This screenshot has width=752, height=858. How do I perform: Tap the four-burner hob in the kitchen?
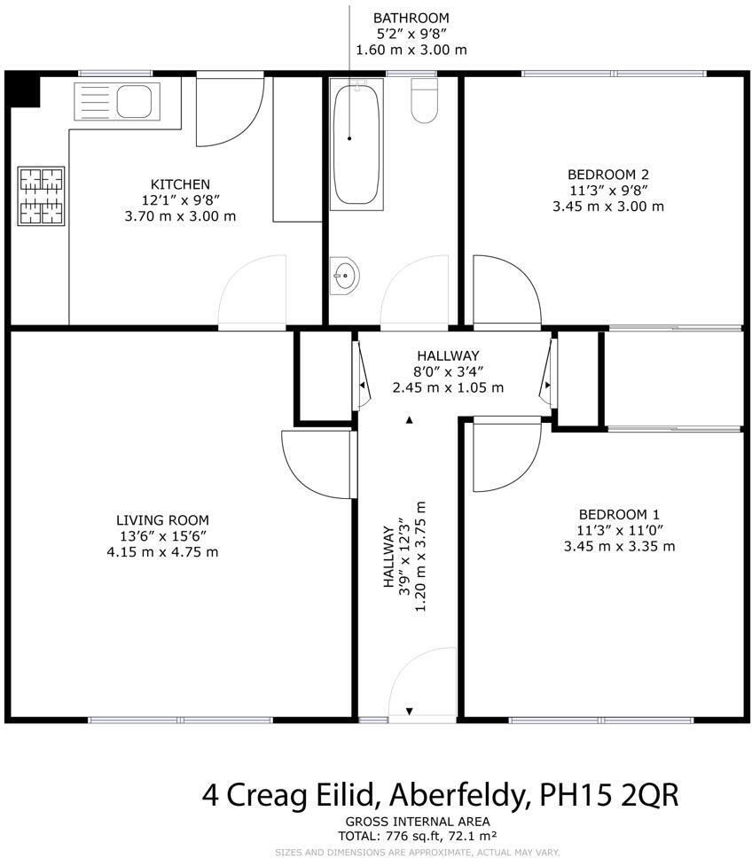(x=42, y=195)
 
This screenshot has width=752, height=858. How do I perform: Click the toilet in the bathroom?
(x=426, y=99)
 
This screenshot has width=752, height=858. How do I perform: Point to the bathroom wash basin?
(x=344, y=277)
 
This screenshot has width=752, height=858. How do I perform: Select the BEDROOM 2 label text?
(x=607, y=174)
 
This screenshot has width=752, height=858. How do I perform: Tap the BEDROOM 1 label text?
(x=619, y=514)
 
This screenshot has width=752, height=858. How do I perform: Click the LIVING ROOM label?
(x=162, y=520)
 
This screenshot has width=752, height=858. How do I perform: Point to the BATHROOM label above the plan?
(x=411, y=18)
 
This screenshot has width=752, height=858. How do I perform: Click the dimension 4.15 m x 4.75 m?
(x=162, y=552)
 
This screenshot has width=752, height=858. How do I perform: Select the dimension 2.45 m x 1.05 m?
(x=448, y=387)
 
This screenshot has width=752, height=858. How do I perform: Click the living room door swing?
(x=315, y=463)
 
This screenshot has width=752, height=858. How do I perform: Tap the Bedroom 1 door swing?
(x=504, y=456)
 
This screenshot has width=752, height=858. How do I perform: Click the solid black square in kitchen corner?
(x=23, y=90)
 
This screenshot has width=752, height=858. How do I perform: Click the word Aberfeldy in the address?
(x=451, y=793)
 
